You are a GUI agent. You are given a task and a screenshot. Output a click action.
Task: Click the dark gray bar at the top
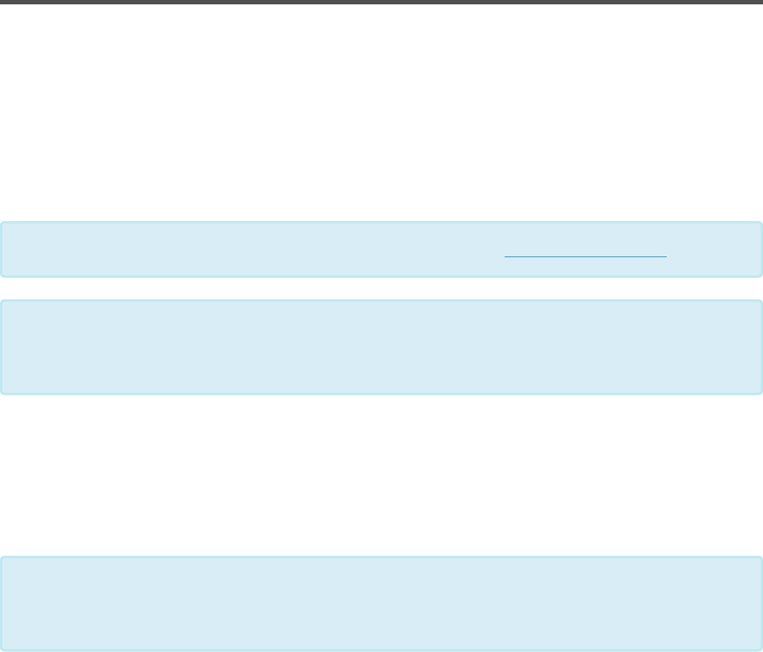point(381,2)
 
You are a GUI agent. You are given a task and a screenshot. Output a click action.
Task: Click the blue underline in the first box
point(585,257)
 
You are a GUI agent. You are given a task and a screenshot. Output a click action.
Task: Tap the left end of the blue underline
point(505,257)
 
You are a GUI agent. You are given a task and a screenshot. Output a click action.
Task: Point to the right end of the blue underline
point(666,257)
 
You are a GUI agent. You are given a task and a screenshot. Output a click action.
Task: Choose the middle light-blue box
point(381,347)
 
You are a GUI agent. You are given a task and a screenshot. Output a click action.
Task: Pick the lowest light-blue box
point(381,603)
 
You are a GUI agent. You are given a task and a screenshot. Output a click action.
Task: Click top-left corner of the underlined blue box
point(1,223)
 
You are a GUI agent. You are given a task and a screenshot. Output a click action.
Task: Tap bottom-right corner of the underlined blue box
point(761,275)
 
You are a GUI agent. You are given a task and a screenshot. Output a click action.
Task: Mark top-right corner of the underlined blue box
point(761,223)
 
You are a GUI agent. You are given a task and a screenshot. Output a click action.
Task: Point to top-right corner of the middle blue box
point(761,301)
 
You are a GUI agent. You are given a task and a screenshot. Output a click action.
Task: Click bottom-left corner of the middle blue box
point(1,393)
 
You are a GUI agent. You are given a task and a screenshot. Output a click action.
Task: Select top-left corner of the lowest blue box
point(1,558)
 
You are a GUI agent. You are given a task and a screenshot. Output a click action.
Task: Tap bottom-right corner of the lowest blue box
point(761,649)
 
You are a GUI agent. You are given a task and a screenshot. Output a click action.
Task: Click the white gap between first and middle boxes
point(381,288)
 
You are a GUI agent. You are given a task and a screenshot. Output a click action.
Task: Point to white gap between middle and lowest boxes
point(381,475)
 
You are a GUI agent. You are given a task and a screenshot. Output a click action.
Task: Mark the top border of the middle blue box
point(381,301)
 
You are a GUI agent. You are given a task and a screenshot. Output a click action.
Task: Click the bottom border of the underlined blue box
point(381,276)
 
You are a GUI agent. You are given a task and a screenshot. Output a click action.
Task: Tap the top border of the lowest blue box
point(381,557)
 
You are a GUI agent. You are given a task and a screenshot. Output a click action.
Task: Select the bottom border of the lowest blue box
point(381,650)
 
